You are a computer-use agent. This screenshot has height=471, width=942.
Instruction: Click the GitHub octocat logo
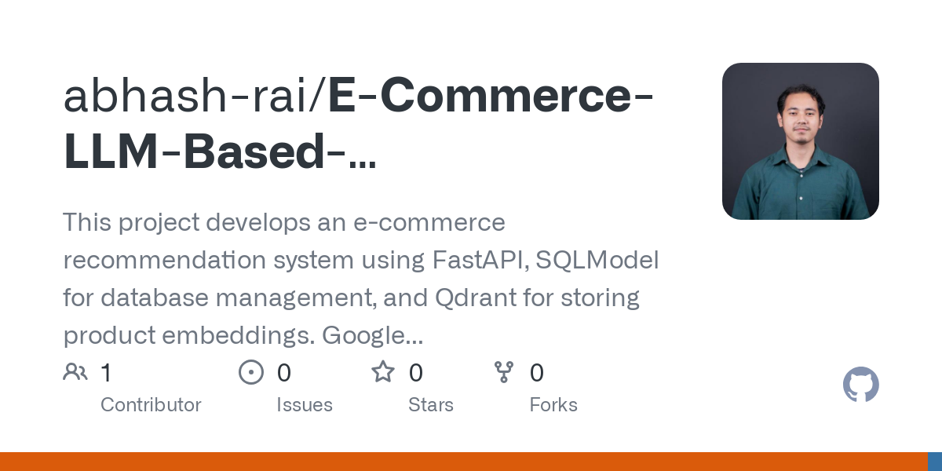[860, 385]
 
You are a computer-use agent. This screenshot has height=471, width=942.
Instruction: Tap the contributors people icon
[75, 372]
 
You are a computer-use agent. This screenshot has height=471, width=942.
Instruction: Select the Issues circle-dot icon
[251, 372]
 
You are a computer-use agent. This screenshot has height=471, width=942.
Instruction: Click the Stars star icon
[383, 372]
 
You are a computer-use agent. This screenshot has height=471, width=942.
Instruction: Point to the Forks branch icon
[503, 372]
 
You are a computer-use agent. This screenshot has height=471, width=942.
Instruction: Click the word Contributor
[151, 405]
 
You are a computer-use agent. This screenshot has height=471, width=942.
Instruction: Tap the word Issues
[305, 405]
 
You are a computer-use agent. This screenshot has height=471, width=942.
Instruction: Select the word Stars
[431, 405]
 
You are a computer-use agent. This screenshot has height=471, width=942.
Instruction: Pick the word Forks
[553, 405]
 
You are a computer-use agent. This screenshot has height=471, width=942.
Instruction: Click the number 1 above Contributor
[106, 373]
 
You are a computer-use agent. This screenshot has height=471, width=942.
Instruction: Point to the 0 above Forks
[537, 373]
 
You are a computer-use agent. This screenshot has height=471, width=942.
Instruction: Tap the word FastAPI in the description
[480, 261]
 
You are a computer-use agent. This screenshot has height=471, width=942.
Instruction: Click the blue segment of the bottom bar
[935, 462]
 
